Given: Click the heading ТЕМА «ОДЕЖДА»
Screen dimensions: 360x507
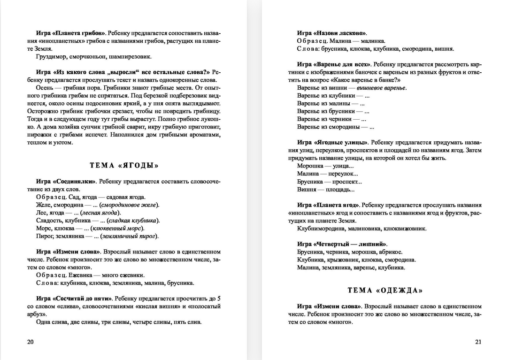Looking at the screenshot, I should tap(385, 290).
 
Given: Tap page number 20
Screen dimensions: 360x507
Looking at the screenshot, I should tap(31, 342).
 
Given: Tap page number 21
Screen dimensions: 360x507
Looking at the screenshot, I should tap(478, 342).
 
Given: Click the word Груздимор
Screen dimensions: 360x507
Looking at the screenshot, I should tap(51, 57).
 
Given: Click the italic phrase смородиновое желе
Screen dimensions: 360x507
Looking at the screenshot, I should tap(130, 205).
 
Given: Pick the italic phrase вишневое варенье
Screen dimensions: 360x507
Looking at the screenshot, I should tap(382, 88).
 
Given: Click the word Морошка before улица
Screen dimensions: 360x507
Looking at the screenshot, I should tap(310, 166).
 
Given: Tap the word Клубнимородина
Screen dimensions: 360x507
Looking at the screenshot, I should tap(321, 229).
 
